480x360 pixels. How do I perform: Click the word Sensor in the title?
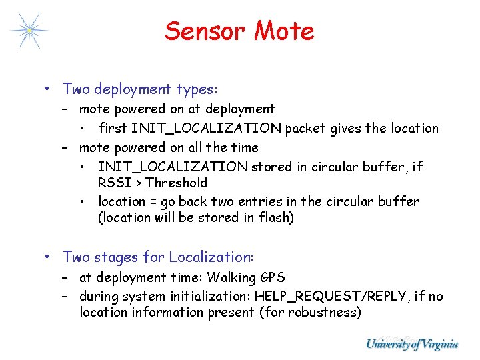[x=203, y=31]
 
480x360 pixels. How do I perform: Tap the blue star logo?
[x=29, y=31]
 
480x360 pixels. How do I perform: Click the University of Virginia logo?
[x=411, y=344]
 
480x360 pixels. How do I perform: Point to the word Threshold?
[x=176, y=183]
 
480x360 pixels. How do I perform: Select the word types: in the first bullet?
[x=197, y=89]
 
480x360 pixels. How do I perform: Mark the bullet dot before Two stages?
[x=49, y=257]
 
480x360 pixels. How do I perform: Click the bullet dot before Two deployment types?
[x=49, y=89]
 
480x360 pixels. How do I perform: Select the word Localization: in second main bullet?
[x=211, y=257]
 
